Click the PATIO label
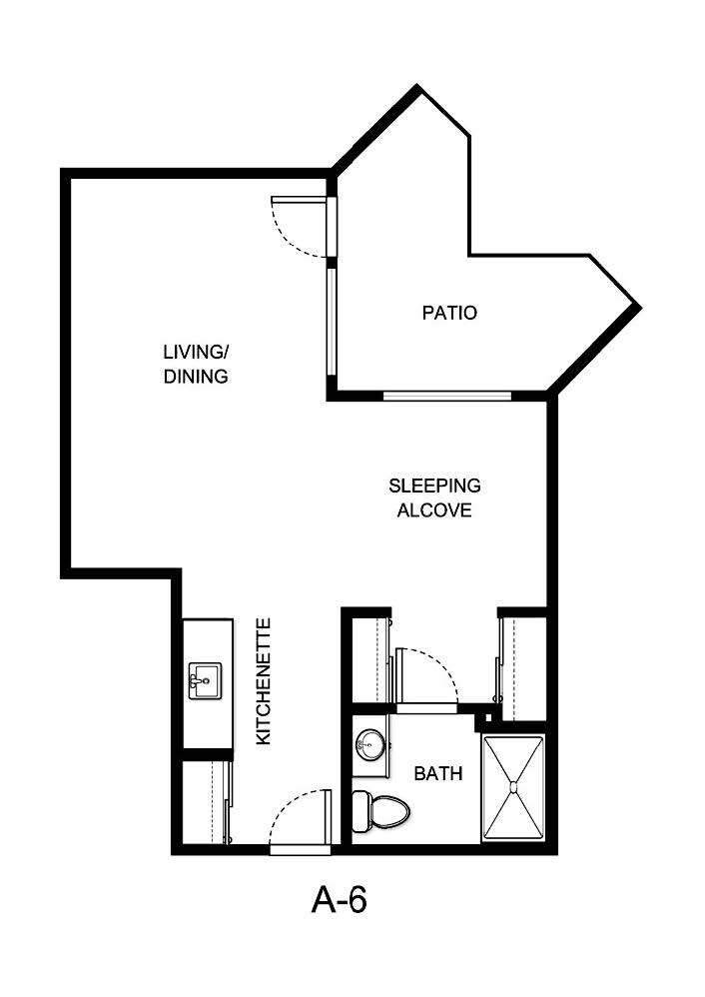[x=449, y=313]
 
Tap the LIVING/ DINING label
[x=197, y=365]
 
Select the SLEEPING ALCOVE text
[x=434, y=498]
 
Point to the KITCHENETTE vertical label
[x=265, y=681]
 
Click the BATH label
[x=438, y=773]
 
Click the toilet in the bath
[x=381, y=809]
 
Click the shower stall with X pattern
[x=513, y=789]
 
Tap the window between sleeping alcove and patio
[x=447, y=396]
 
